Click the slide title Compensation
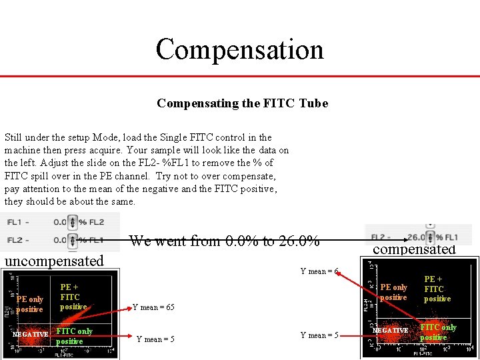tap(239, 49)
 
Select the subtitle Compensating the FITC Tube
tap(242, 103)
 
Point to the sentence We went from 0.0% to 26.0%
tap(224, 241)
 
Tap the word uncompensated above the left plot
tap(54, 261)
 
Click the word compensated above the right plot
tap(413, 249)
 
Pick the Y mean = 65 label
tap(153, 307)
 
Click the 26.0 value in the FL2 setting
tap(417, 237)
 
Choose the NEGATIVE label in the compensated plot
tap(390, 330)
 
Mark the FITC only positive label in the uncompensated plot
tap(74, 336)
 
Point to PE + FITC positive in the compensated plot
tap(437, 289)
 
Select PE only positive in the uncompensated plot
tap(30, 305)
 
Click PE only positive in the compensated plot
tap(393, 292)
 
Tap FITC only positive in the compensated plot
tap(438, 332)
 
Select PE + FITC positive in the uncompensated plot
tap(73, 297)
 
